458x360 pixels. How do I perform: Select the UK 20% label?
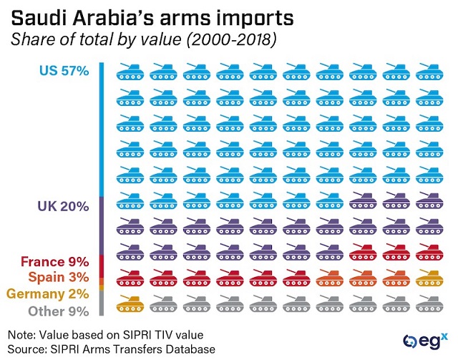click(63, 206)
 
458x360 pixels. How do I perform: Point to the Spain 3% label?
click(58, 277)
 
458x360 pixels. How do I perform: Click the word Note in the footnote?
click(23, 334)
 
